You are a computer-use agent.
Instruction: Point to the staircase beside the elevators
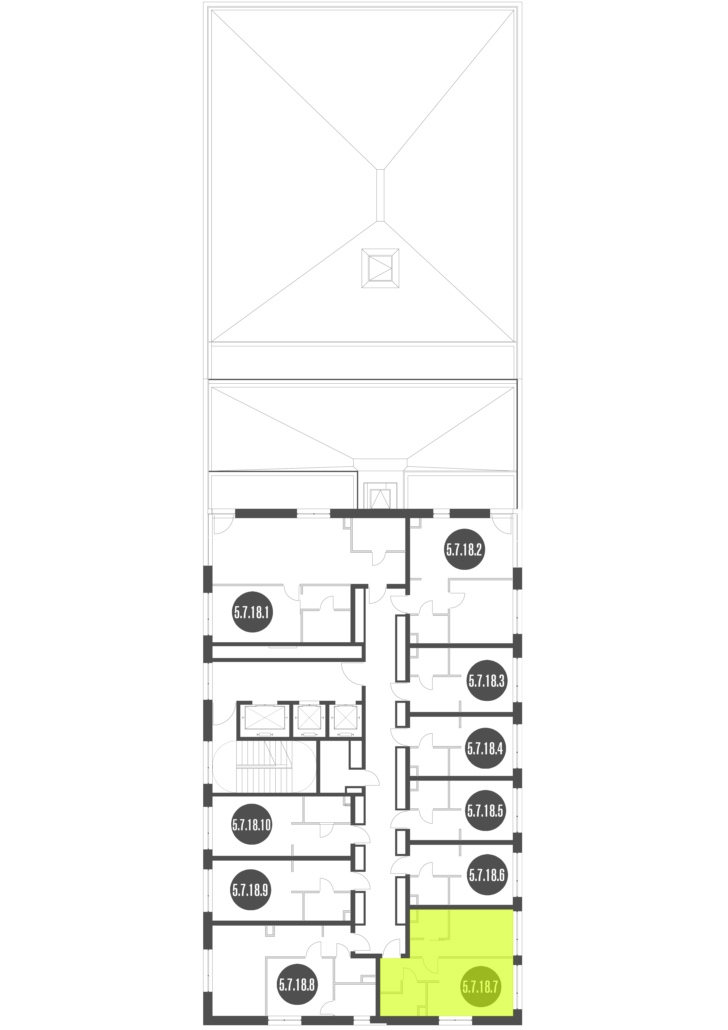[x=265, y=767]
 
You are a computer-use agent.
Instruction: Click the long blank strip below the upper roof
[x=362, y=362]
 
